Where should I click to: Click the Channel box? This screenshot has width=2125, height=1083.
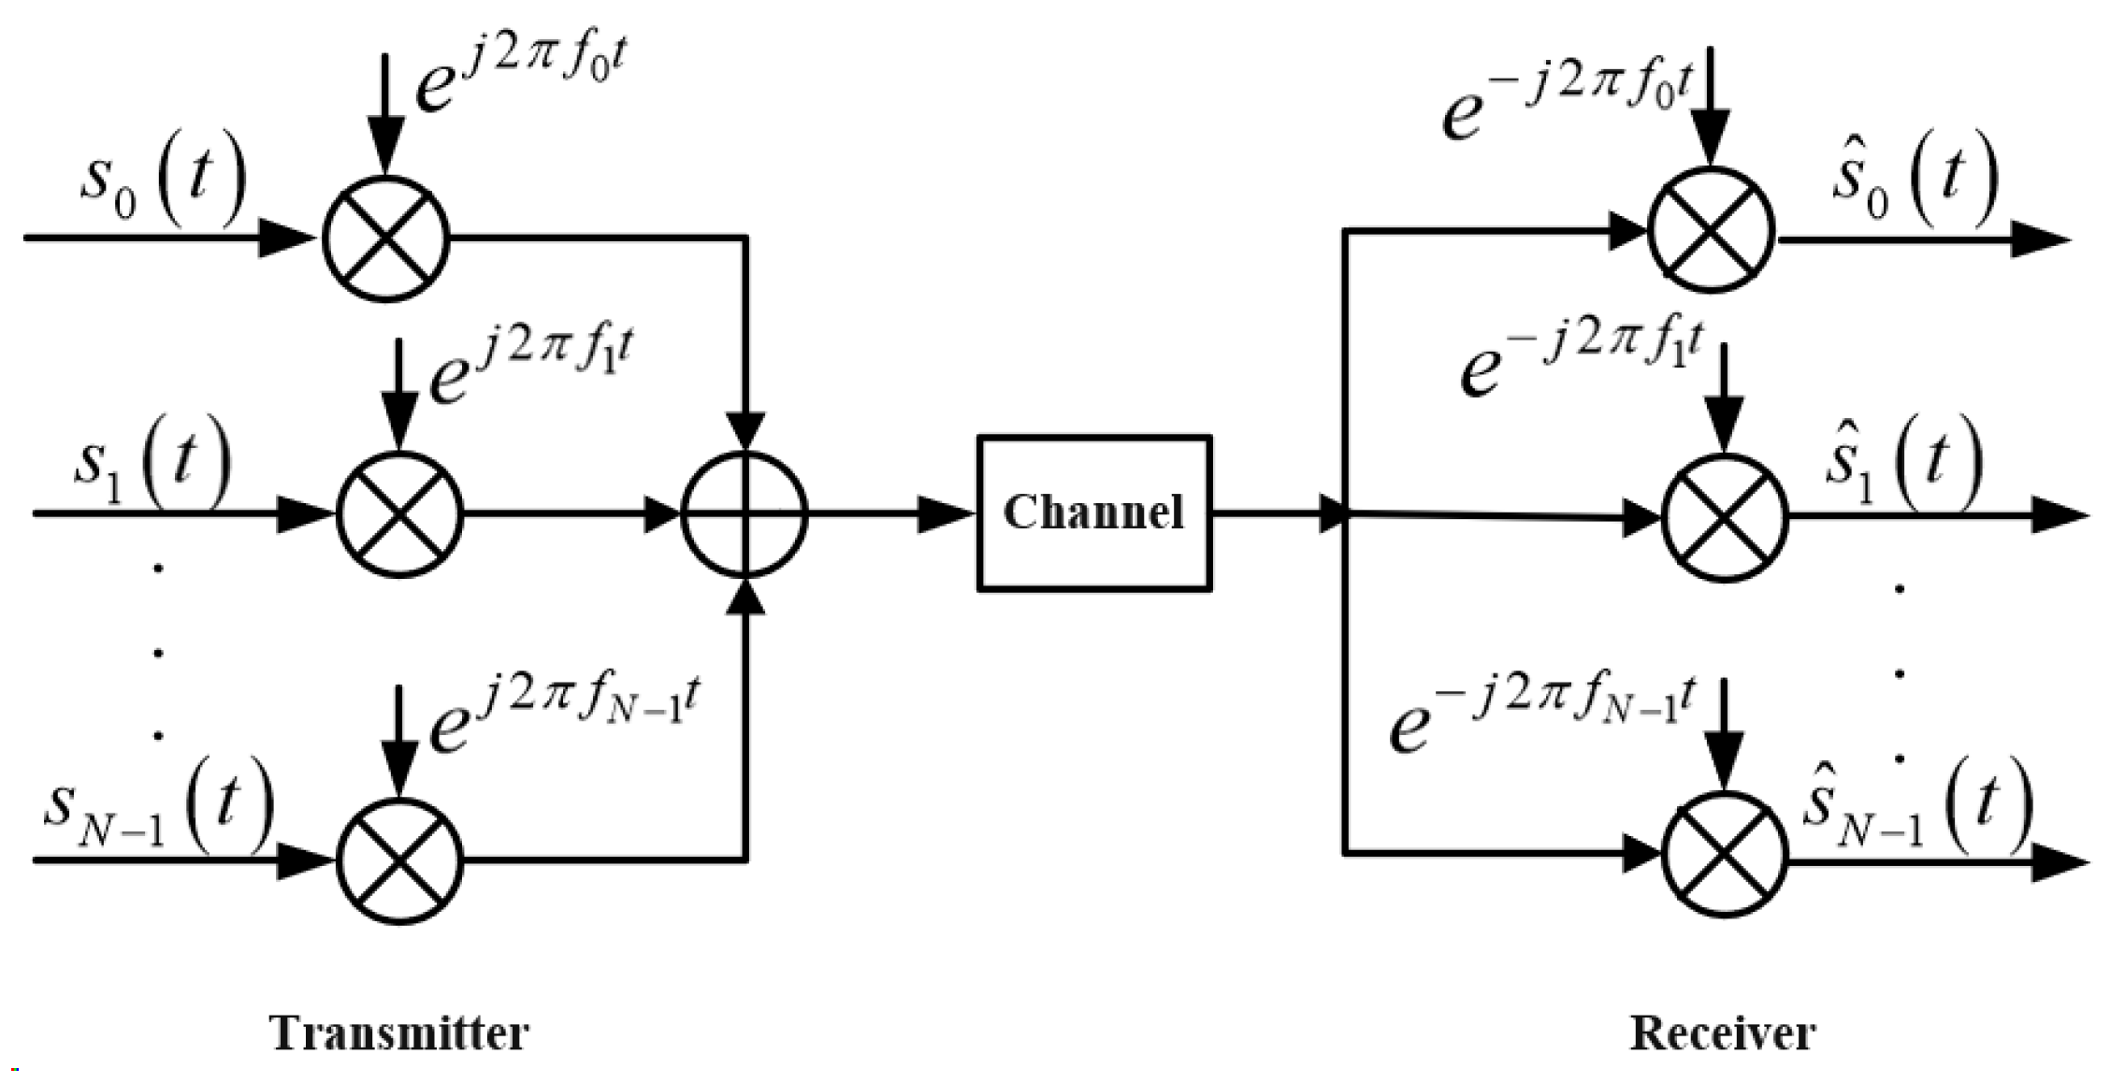(x=1093, y=513)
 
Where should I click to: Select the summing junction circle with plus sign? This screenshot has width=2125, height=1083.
(x=744, y=513)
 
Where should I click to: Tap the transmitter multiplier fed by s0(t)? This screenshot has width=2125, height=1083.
(x=386, y=238)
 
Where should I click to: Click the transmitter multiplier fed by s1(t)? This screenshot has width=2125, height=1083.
(x=399, y=514)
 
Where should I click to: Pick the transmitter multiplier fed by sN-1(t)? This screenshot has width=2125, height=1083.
(x=399, y=860)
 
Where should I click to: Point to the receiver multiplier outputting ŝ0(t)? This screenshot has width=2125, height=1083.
(x=1711, y=230)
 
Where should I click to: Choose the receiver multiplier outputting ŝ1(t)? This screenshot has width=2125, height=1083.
(x=1724, y=517)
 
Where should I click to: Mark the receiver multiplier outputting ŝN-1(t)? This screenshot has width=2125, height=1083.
(x=1724, y=855)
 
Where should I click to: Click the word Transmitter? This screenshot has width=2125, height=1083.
(x=399, y=1033)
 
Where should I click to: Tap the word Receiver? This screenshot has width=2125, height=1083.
(x=1723, y=1033)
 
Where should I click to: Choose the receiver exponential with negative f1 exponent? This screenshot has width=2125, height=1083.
(x=1581, y=360)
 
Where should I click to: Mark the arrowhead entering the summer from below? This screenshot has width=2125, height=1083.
(x=745, y=599)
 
